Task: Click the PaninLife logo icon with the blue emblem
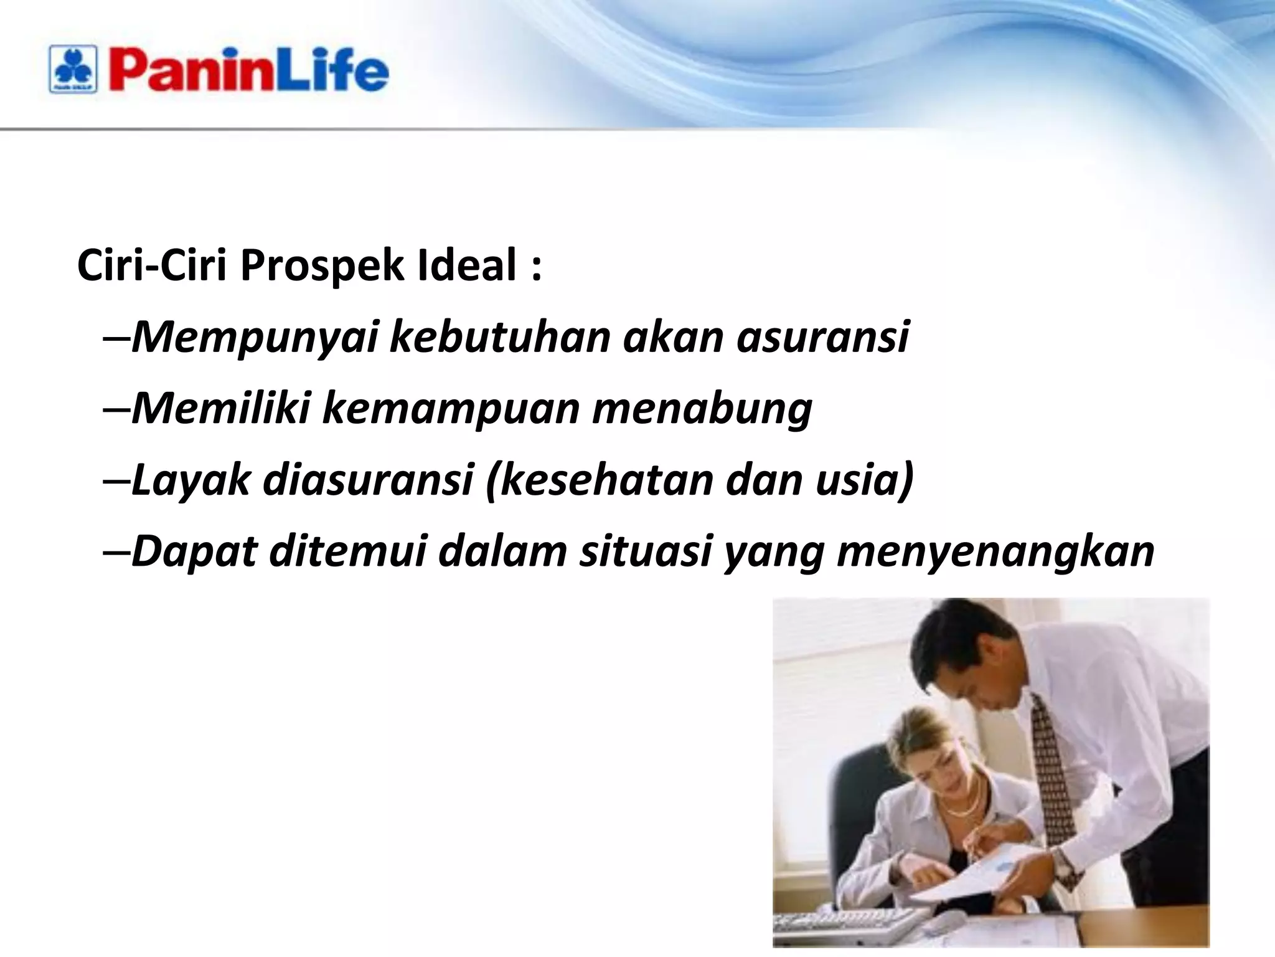point(73,70)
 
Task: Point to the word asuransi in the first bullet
point(823,337)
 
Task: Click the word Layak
point(191,480)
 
